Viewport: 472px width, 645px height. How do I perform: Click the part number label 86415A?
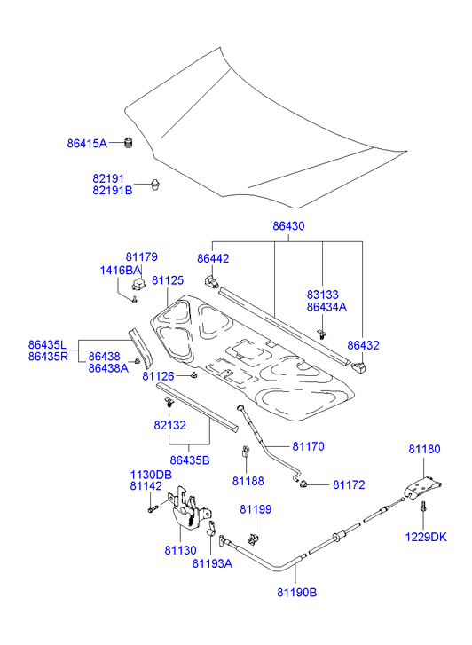coord(87,143)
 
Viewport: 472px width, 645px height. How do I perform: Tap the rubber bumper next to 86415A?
coord(129,142)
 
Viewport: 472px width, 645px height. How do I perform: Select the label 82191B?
coord(113,191)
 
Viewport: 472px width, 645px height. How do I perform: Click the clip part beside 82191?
coord(155,185)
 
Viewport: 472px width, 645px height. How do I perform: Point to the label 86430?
coord(288,226)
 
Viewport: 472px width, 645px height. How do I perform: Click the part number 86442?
coord(213,258)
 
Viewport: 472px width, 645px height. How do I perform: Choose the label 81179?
coord(142,256)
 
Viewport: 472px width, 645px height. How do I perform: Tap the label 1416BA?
coord(120,271)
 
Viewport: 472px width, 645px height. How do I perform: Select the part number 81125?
coord(168,280)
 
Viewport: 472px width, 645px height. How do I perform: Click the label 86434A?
coord(326,307)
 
